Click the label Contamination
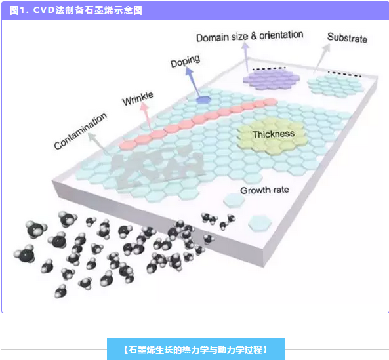click(81, 131)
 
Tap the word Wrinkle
click(138, 98)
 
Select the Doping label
click(185, 61)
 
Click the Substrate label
click(347, 37)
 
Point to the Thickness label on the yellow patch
click(274, 134)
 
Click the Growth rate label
click(264, 190)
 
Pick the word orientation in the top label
click(281, 35)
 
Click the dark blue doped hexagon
click(203, 100)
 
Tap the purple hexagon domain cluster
click(272, 79)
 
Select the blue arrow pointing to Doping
click(193, 82)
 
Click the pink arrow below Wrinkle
click(147, 116)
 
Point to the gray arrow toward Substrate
click(321, 59)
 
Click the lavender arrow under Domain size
click(246, 57)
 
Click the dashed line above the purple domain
click(269, 68)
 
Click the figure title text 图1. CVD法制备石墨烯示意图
click(76, 10)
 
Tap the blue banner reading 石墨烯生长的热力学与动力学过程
click(195, 350)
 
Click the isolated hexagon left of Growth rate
click(234, 200)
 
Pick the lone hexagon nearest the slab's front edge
click(260, 223)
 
